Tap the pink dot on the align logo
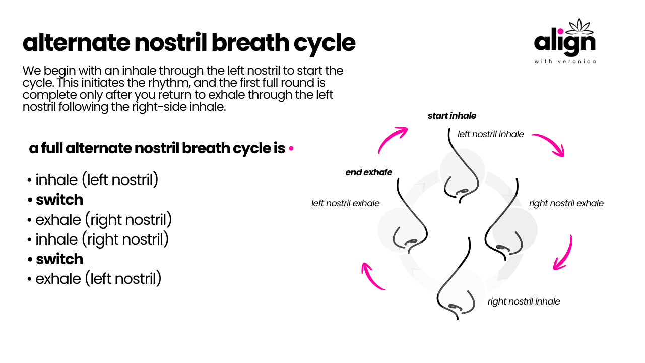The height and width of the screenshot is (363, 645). [x=560, y=31]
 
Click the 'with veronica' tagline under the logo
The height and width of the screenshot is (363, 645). [x=565, y=61]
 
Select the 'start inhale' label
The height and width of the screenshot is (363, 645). [x=452, y=116]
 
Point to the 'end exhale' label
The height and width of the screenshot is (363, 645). [x=368, y=172]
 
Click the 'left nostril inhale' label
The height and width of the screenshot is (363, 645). [x=491, y=134]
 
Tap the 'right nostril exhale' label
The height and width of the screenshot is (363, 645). [x=566, y=203]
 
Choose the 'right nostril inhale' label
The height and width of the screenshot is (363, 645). [x=524, y=301]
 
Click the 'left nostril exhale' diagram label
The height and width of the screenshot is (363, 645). [x=345, y=203]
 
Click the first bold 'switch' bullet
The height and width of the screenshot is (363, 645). [x=55, y=200]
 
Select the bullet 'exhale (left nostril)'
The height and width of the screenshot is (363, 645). [x=94, y=279]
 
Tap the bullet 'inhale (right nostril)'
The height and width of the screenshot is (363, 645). [x=98, y=239]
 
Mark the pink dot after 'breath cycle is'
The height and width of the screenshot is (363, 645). [x=291, y=148]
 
